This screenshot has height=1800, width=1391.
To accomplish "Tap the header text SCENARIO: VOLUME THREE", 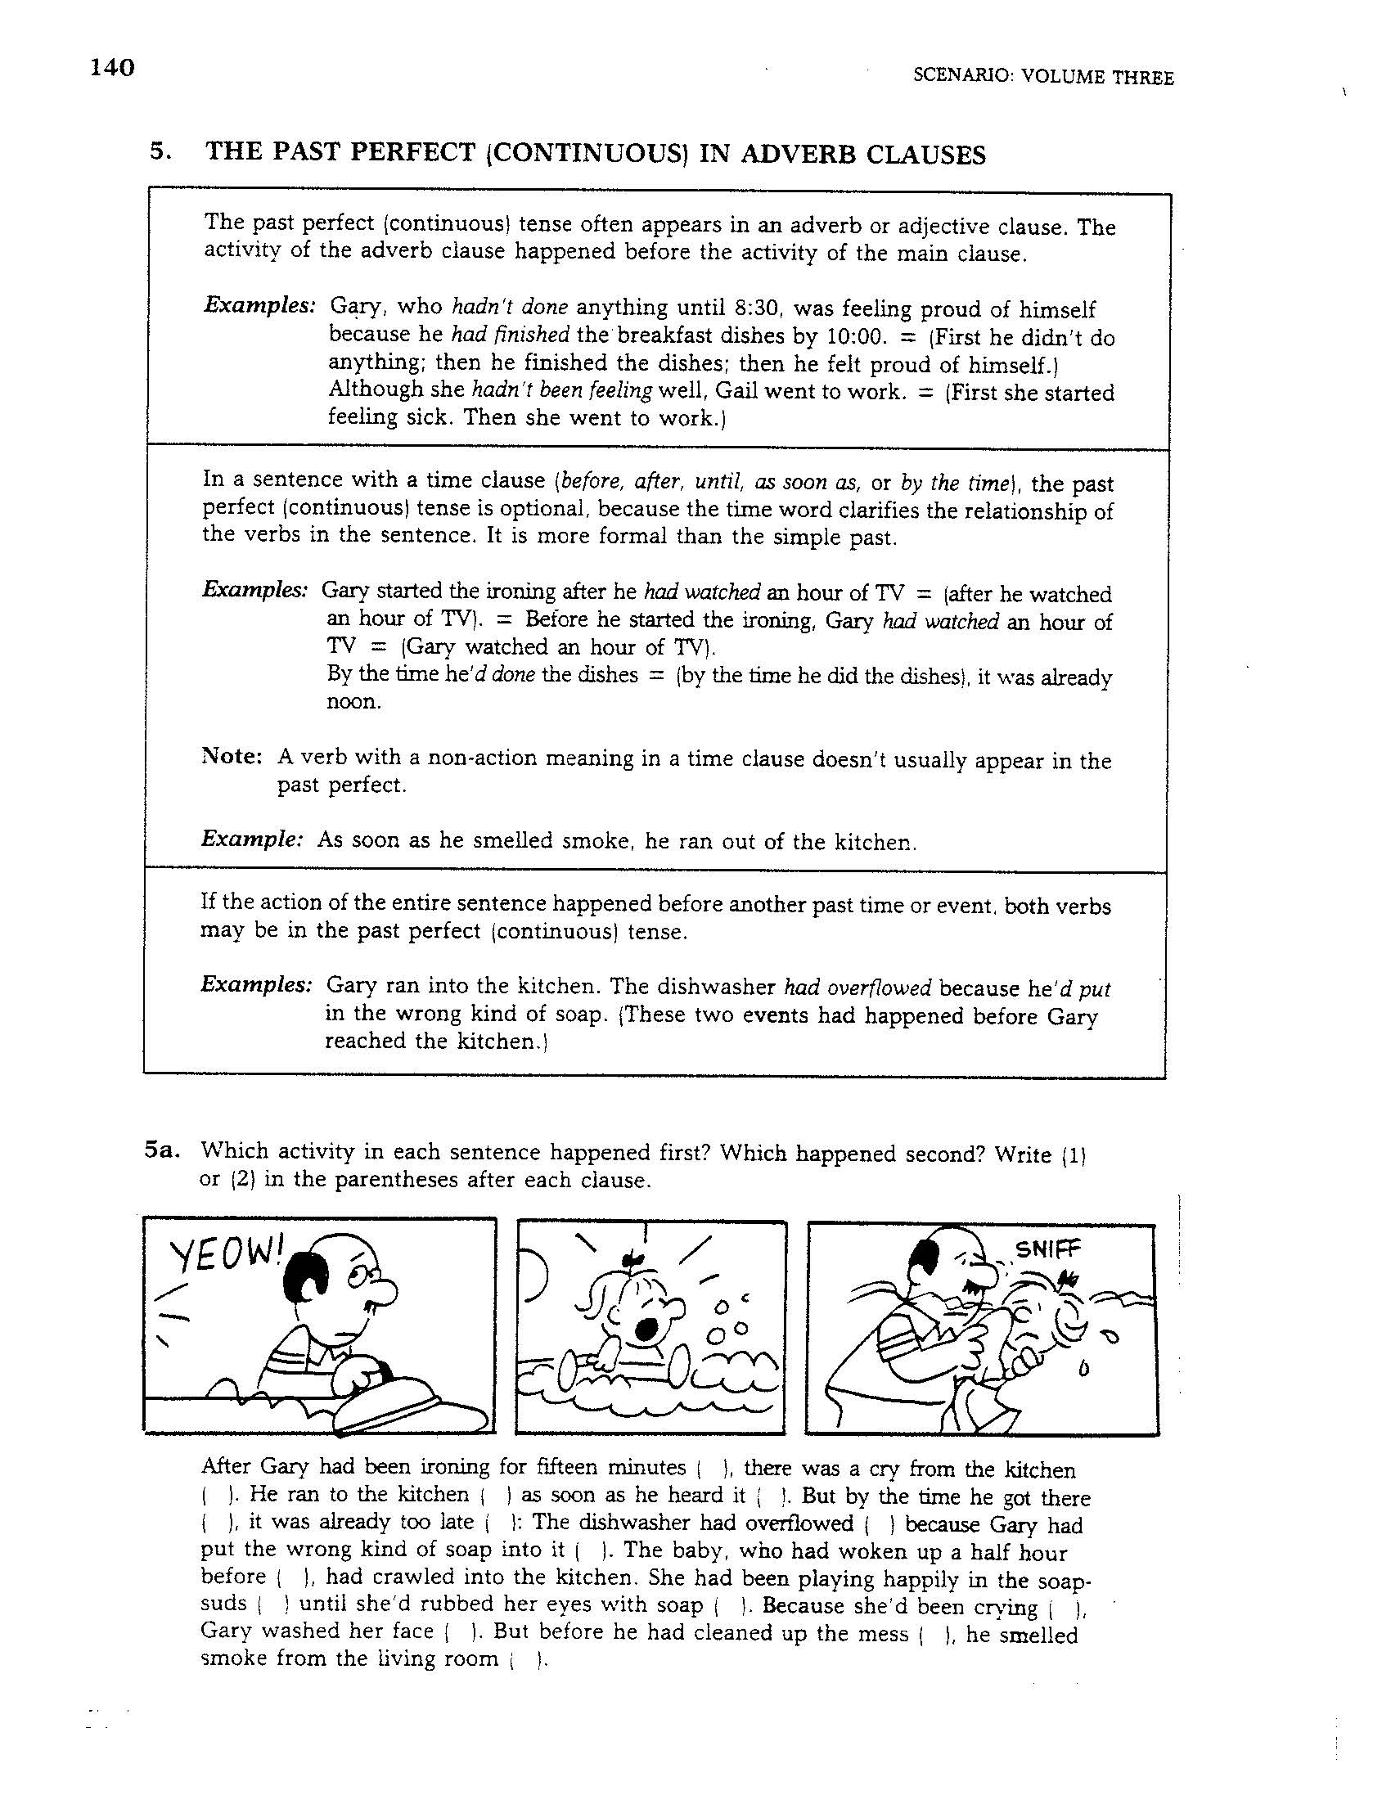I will click(x=1043, y=78).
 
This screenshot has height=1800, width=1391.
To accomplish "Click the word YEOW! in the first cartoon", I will click(x=224, y=1258).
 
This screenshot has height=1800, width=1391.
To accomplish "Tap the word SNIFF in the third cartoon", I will click(x=1046, y=1250).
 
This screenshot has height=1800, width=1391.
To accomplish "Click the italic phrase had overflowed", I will click(x=857, y=988).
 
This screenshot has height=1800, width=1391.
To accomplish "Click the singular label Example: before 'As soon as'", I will click(x=252, y=839).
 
